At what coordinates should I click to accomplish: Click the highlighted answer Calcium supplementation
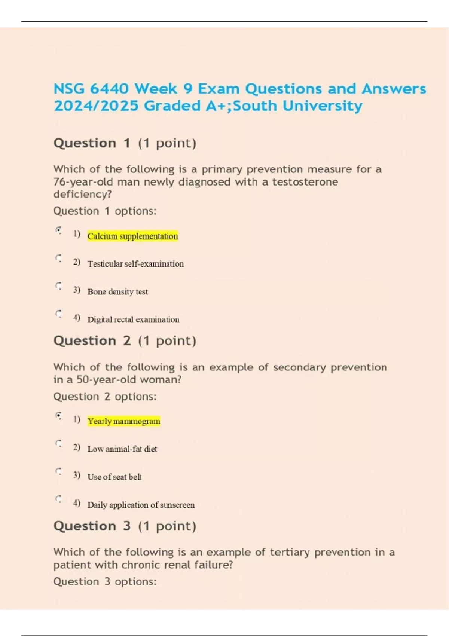pyautogui.click(x=132, y=236)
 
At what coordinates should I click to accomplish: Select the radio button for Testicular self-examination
pyautogui.click(x=58, y=258)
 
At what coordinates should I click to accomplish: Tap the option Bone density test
pyautogui.click(x=117, y=291)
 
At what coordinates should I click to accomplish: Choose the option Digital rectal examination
pyautogui.click(x=133, y=319)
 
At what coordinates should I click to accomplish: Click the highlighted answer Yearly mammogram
pyautogui.click(x=123, y=421)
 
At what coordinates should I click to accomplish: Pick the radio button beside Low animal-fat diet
pyautogui.click(x=58, y=443)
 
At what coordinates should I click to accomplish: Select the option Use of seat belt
pyautogui.click(x=114, y=477)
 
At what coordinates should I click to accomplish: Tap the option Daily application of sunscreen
pyautogui.click(x=141, y=505)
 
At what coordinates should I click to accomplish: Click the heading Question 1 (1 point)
pyautogui.click(x=125, y=143)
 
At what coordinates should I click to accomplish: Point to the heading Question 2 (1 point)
pyautogui.click(x=125, y=340)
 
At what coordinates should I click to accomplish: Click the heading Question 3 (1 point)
pyautogui.click(x=125, y=526)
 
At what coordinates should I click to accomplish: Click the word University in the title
pyautogui.click(x=322, y=106)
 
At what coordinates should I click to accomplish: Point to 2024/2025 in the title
pyautogui.click(x=96, y=106)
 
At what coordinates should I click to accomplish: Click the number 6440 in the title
pyautogui.click(x=109, y=89)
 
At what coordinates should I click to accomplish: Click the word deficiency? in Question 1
pyautogui.click(x=82, y=194)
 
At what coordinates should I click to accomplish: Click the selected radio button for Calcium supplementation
pyautogui.click(x=58, y=230)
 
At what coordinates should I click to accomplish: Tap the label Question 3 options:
pyautogui.click(x=104, y=581)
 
